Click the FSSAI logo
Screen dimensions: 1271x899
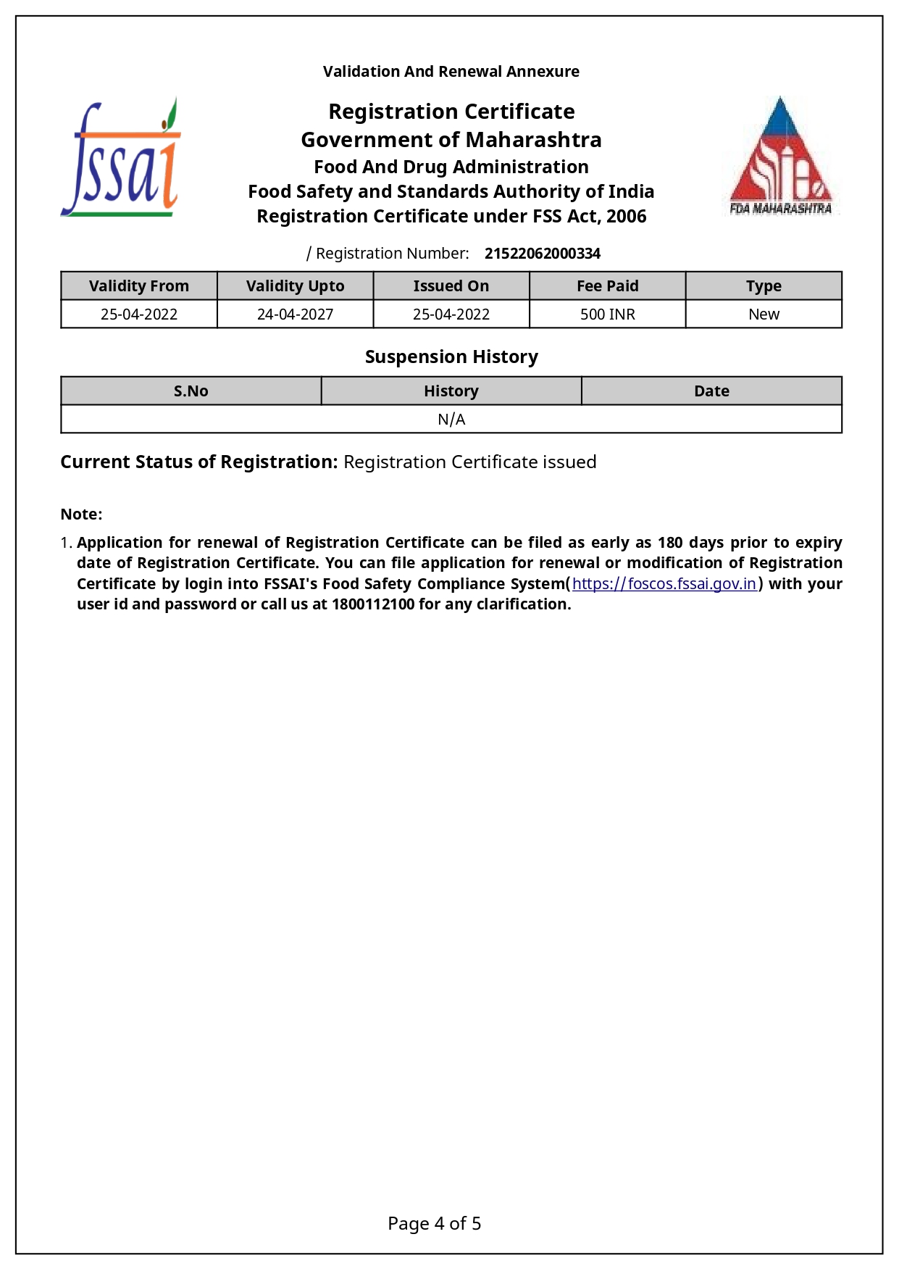point(121,158)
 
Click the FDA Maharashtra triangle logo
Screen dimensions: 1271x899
point(780,156)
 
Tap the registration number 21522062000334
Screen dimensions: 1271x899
point(542,254)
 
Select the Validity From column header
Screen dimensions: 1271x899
point(139,286)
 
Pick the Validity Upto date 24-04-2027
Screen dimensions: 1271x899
point(295,314)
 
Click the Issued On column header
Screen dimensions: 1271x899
point(451,286)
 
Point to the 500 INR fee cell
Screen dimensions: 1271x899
point(607,314)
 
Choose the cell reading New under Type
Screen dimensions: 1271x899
point(764,314)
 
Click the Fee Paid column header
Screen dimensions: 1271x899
point(607,286)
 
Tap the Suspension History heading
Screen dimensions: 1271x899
point(451,357)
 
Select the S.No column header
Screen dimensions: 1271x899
point(191,391)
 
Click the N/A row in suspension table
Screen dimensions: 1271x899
point(451,420)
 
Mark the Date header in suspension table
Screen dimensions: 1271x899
point(711,391)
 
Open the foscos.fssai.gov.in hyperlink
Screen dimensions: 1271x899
point(664,584)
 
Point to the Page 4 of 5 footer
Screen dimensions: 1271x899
point(435,1224)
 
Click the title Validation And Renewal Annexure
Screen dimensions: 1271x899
point(451,72)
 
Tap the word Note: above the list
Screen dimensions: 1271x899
point(81,514)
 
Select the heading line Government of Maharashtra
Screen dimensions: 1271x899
point(451,140)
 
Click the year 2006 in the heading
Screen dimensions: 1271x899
point(627,217)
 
